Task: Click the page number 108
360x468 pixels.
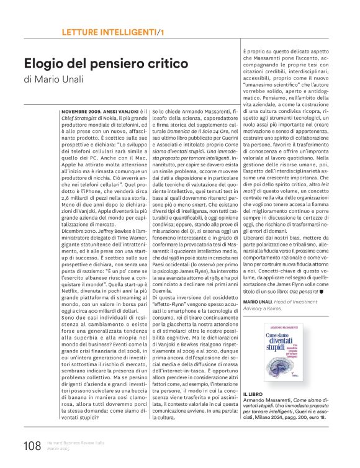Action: coord(32,446)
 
